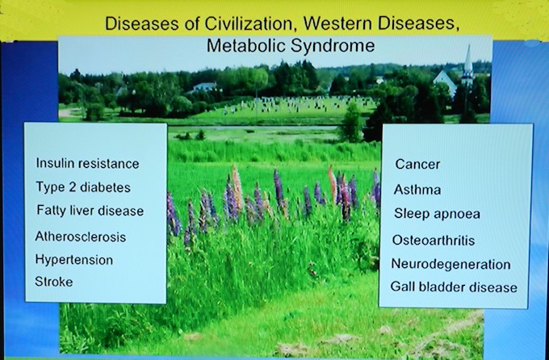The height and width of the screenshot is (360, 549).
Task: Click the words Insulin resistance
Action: point(87,164)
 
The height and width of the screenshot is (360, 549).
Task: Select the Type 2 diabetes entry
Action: point(83,187)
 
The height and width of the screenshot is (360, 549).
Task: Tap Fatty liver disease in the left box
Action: point(90,211)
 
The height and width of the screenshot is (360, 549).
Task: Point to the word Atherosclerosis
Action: point(81,237)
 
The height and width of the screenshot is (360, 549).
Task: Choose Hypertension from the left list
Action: point(74,260)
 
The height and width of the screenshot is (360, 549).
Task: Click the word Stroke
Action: point(54,282)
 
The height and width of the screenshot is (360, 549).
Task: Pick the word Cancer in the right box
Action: point(417,164)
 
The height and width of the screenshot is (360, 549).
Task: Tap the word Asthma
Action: point(417,190)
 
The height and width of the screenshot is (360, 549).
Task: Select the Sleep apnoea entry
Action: point(437,214)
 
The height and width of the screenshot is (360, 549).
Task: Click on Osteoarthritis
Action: point(434,241)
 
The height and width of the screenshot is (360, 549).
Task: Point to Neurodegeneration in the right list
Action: point(451,264)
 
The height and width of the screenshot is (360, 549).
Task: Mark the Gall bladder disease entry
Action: point(454,287)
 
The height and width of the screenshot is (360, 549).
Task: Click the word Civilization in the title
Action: point(249,23)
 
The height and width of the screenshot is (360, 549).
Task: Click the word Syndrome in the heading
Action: point(333,46)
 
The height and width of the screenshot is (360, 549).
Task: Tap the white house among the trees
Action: point(205,86)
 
